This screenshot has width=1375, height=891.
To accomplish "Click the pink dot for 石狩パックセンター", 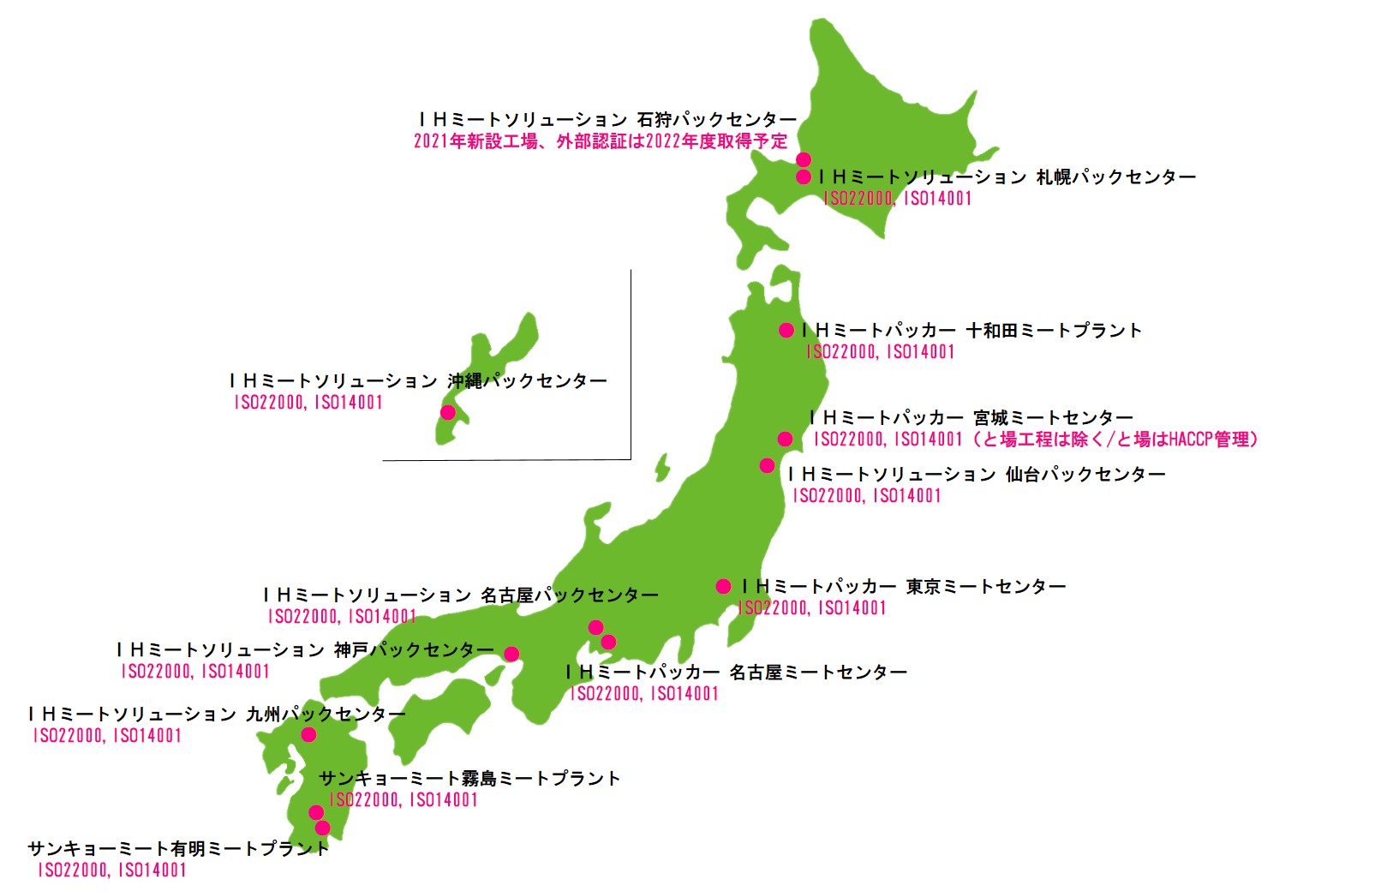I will [x=804, y=159].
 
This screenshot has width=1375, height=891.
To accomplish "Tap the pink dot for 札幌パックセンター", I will [x=804, y=177].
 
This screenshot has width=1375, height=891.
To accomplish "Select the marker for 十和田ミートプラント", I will [x=786, y=330].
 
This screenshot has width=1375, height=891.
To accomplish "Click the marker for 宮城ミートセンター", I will [x=785, y=439].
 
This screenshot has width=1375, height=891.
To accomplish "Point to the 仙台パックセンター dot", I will [x=767, y=465].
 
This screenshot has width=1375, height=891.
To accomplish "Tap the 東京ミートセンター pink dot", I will [x=723, y=586].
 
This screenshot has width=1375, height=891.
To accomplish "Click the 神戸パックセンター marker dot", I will [x=511, y=655].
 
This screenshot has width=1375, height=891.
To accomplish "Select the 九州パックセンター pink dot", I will [x=308, y=734].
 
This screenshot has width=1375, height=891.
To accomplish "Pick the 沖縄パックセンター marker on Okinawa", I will [x=447, y=412].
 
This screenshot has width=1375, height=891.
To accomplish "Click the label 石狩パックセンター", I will [x=607, y=119].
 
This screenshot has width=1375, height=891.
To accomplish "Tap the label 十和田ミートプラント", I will [x=971, y=331].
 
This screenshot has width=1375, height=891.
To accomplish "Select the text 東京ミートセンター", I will [x=904, y=587].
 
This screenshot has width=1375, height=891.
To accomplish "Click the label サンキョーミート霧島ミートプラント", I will [x=469, y=779].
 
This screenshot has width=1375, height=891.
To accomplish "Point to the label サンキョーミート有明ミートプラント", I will [x=178, y=849].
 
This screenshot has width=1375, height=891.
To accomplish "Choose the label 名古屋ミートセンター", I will [x=736, y=673].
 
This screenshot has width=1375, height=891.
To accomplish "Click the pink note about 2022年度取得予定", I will [x=601, y=141].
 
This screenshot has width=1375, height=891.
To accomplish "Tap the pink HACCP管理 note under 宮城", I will [x=1037, y=440].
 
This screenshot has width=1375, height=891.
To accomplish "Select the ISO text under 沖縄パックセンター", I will [x=308, y=403].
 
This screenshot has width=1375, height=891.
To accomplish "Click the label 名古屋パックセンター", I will [x=461, y=595].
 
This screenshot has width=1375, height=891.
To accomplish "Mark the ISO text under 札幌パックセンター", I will [x=897, y=199].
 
